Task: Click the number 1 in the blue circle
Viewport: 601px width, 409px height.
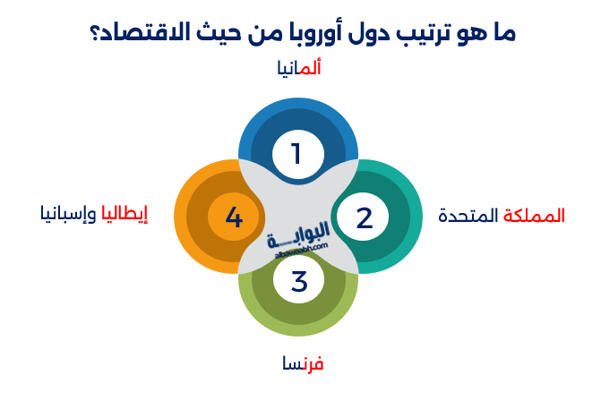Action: [297, 153]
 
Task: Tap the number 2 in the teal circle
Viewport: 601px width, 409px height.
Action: [364, 217]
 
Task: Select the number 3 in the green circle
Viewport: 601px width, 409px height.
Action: [299, 281]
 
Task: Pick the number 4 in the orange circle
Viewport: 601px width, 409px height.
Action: [234, 217]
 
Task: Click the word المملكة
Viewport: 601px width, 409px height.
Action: [535, 216]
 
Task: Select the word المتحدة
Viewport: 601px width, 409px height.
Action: [468, 216]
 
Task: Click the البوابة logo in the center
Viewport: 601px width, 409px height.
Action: [298, 237]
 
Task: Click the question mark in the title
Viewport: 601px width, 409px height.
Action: [94, 34]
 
